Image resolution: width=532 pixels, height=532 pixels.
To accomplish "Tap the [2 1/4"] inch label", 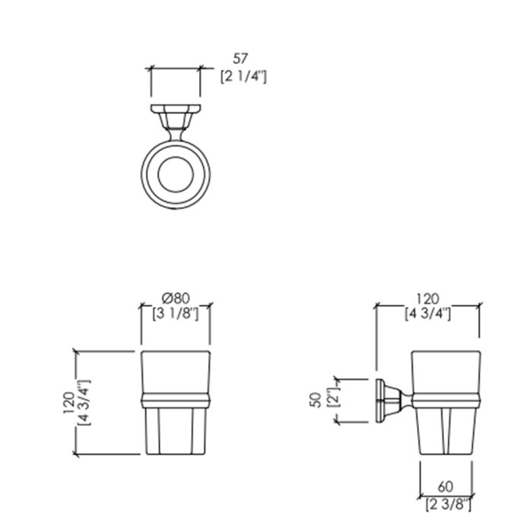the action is (x=243, y=77).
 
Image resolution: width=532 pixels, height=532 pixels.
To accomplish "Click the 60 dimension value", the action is (x=445, y=487).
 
